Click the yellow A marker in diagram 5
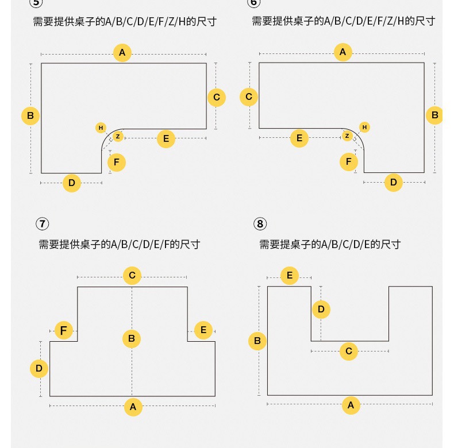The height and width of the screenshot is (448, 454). [122, 53]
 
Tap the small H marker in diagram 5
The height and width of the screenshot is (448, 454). [101, 128]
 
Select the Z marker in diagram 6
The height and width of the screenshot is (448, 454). [347, 136]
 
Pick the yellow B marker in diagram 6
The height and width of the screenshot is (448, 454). [435, 115]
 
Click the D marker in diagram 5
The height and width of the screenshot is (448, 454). [72, 183]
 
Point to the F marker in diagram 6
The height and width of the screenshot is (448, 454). [348, 162]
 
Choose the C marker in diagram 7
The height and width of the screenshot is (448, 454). [132, 276]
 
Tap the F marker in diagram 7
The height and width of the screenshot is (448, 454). [64, 330]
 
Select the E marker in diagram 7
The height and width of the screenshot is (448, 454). [203, 330]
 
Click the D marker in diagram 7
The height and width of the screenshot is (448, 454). [39, 368]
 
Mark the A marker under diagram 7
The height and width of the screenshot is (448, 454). [133, 407]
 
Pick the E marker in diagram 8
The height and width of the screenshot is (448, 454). [290, 276]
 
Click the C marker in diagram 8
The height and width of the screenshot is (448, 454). [349, 351]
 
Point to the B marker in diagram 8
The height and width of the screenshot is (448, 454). [257, 341]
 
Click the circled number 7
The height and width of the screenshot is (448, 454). [42, 224]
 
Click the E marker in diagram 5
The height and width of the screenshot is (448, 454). [166, 138]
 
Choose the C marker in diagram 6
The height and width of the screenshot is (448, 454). [249, 96]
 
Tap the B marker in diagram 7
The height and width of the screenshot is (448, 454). [132, 339]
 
